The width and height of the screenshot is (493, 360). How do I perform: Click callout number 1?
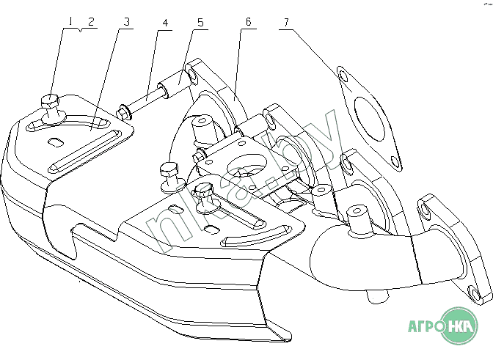point(70,21)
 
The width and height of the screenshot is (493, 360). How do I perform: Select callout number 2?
point(91,22)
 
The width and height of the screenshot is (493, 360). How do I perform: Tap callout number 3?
point(126,22)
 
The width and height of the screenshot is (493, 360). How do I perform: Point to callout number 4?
point(165,23)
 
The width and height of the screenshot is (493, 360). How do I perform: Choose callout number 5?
point(200,23)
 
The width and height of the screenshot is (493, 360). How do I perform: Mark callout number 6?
point(249,22)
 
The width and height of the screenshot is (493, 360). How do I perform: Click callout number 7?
point(286,22)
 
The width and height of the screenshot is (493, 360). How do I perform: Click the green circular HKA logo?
point(459,326)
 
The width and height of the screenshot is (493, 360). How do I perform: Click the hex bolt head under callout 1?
point(50,100)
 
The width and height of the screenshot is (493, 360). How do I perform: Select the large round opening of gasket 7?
point(370,119)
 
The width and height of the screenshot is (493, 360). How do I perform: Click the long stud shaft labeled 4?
point(147,100)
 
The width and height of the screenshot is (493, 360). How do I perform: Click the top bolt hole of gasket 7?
point(343,76)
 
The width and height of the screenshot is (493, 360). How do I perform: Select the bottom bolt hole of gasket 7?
point(394,161)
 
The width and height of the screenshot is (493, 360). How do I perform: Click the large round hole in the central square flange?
point(247,165)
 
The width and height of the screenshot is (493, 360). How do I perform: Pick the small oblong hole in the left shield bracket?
point(56,142)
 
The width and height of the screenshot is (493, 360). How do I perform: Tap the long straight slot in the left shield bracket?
point(84,151)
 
